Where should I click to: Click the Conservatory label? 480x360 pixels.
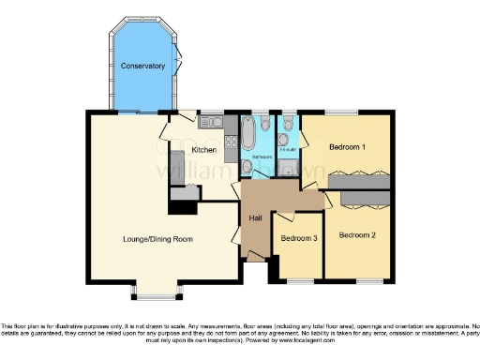click(x=142, y=67)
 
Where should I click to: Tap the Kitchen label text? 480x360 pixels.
click(x=204, y=150)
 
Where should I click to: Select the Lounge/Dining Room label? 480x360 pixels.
click(x=157, y=239)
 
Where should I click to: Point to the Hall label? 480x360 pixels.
click(x=255, y=218)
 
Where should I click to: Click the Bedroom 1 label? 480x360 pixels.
click(x=347, y=148)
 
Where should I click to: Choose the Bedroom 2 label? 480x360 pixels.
click(x=357, y=234)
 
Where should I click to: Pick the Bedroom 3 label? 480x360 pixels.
click(x=299, y=238)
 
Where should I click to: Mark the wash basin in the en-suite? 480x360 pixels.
click(x=282, y=168)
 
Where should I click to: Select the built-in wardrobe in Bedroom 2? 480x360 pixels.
click(x=358, y=198)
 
